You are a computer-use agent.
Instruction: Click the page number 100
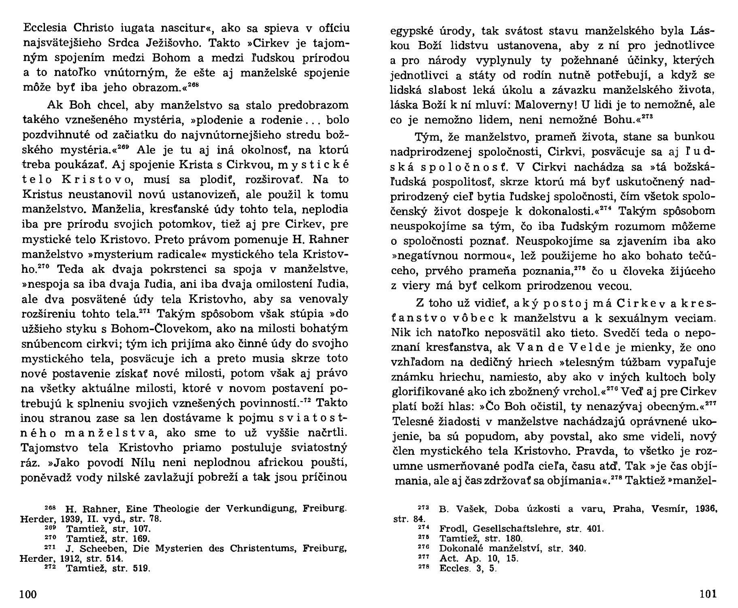pyautogui.click(x=28, y=594)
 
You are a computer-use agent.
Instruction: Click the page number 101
pyautogui.click(x=708, y=594)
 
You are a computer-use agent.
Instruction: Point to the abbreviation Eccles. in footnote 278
pyautogui.click(x=454, y=568)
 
